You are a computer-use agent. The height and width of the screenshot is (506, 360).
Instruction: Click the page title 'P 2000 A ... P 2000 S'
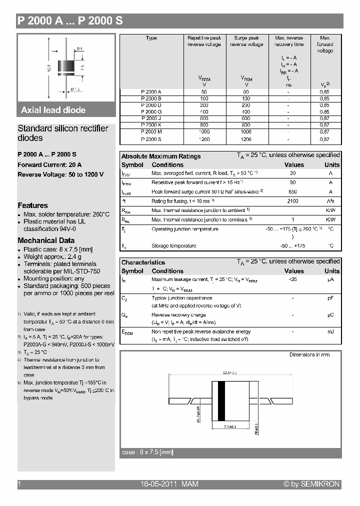point(70,21)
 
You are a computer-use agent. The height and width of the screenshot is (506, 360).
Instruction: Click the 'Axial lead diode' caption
point(53,110)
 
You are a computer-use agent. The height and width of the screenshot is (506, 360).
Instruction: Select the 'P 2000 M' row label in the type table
point(151,131)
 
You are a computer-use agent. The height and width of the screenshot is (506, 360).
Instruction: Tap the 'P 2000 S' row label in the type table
point(151,139)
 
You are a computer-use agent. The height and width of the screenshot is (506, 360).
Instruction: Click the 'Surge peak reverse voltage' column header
point(246,41)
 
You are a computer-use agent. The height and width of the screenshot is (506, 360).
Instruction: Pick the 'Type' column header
point(151,38)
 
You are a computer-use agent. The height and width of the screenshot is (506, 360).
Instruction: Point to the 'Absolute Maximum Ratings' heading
point(161,156)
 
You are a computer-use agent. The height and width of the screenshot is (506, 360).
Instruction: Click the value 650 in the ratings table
point(293,191)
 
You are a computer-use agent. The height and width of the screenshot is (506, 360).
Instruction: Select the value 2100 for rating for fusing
point(293,201)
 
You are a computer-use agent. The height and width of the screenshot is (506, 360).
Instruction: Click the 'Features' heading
point(33,205)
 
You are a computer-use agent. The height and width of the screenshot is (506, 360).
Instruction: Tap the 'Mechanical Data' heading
point(46,240)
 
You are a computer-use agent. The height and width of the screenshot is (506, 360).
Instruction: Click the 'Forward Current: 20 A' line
point(50,164)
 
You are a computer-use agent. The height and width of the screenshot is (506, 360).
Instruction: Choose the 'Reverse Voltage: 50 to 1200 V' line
point(60,174)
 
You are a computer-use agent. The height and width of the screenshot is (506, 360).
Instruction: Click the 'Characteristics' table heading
point(143,262)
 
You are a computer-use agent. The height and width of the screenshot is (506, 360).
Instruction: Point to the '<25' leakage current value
point(293,279)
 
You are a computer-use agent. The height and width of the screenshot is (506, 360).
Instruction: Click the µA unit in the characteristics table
point(330,279)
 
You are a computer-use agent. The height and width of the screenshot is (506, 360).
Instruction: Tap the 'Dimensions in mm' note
point(309,354)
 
